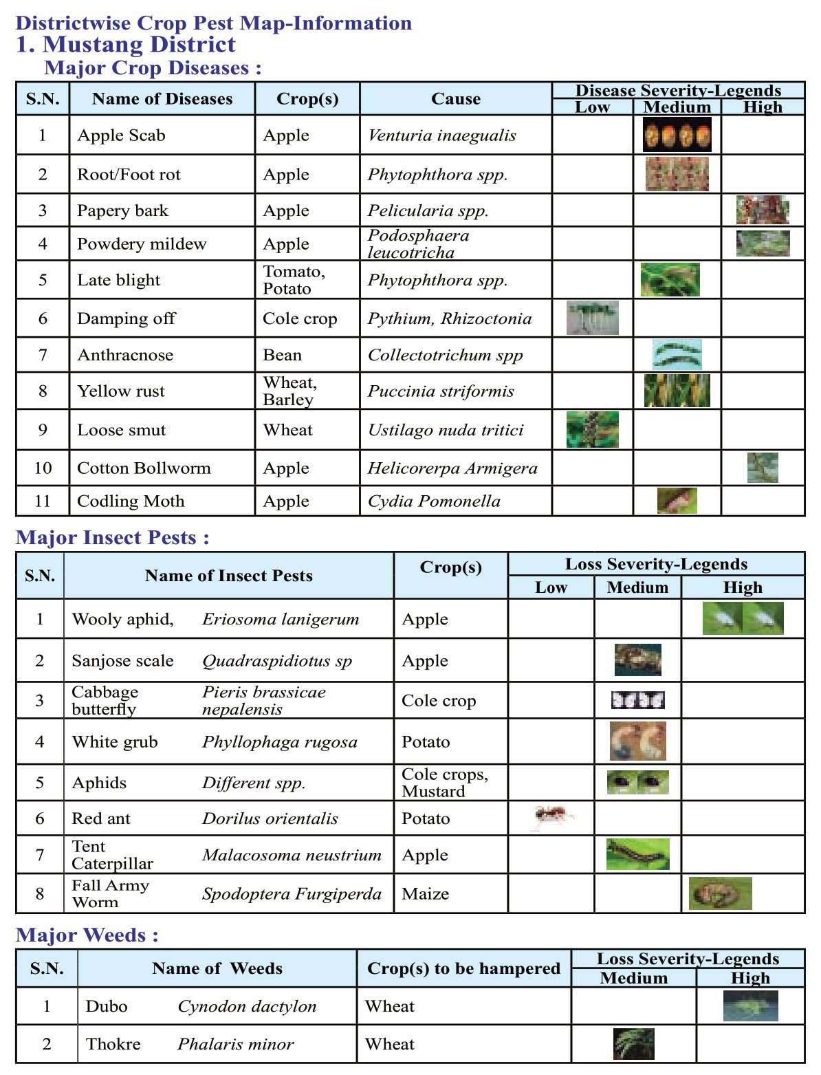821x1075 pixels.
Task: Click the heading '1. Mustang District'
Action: tap(125, 45)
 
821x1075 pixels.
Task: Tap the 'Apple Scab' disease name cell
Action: tap(121, 135)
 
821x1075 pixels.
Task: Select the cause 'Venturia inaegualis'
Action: tap(441, 135)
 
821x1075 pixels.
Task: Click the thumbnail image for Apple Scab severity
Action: tap(677, 135)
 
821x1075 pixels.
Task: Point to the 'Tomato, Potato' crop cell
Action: tap(294, 280)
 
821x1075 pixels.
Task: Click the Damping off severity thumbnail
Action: tap(592, 318)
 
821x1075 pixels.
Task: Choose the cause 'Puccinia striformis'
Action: tap(441, 391)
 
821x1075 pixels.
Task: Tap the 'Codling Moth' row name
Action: tap(131, 501)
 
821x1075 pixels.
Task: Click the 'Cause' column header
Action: tap(455, 99)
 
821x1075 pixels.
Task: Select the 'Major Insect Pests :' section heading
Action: tap(112, 538)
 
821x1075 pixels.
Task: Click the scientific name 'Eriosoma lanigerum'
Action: tap(281, 619)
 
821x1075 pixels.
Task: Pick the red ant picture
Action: tap(553, 817)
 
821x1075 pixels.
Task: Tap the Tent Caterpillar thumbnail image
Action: tap(637, 854)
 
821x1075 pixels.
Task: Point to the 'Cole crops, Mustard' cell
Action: tap(445, 783)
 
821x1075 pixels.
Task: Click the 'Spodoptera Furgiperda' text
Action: tap(292, 894)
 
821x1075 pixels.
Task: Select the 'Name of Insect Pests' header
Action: tap(228, 576)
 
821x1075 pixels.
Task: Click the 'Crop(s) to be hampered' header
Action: tap(463, 968)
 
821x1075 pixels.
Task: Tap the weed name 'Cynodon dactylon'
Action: tap(247, 1006)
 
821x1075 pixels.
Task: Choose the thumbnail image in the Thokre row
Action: tap(633, 1043)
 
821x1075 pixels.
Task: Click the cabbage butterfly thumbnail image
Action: tap(637, 700)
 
